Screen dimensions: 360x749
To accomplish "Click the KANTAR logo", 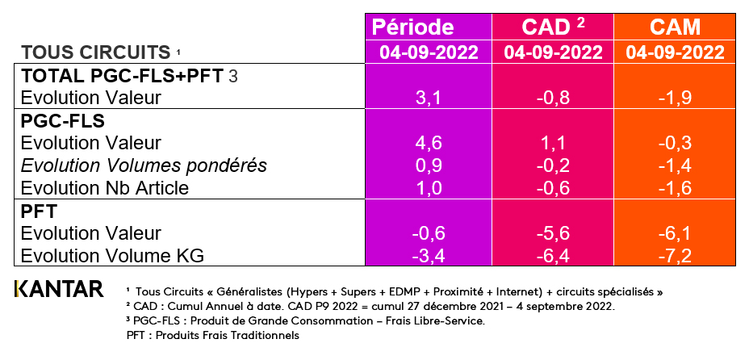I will (x=59, y=288).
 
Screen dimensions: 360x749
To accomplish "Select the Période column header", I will (x=424, y=27).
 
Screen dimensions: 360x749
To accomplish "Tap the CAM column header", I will (x=675, y=27).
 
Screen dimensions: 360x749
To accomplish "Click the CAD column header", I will (x=553, y=27).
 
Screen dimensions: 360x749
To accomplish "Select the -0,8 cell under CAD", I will (x=553, y=98).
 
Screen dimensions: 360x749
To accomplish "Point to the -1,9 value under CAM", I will (x=675, y=98).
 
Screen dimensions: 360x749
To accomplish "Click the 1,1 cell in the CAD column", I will (x=553, y=144).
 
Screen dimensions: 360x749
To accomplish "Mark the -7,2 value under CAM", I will (x=675, y=256).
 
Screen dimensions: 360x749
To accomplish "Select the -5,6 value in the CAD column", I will (x=553, y=233).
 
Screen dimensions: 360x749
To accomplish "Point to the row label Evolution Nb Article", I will (x=105, y=189).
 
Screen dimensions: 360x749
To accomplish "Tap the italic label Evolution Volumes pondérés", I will (x=143, y=166).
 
